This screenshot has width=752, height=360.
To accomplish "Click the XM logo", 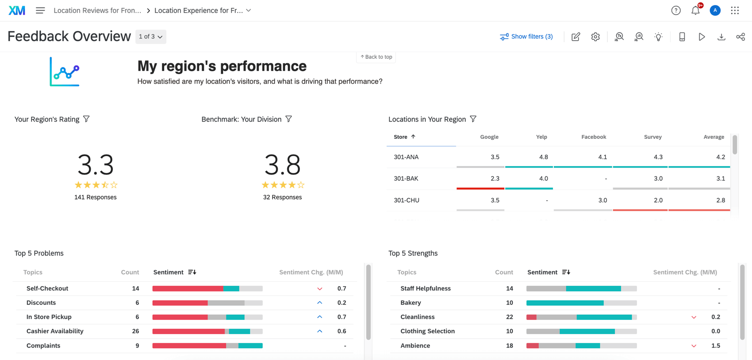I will click(17, 10).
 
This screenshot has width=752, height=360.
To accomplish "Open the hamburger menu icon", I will click(40, 10).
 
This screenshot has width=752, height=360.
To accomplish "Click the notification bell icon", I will click(695, 11).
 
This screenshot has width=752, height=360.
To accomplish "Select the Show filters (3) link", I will click(526, 37).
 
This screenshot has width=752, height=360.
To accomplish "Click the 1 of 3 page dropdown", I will click(150, 37).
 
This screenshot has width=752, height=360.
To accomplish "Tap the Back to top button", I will click(376, 57).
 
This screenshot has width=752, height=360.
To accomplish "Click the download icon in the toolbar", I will click(721, 37).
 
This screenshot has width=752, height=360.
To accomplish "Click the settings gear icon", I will click(595, 37).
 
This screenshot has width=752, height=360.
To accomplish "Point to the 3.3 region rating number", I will click(96, 165).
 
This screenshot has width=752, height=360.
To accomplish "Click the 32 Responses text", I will click(282, 197).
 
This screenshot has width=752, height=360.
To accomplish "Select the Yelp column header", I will click(541, 137).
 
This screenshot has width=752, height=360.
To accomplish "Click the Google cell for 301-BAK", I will click(495, 179).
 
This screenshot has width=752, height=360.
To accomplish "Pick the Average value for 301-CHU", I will click(720, 200).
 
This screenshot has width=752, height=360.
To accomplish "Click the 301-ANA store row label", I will click(406, 157).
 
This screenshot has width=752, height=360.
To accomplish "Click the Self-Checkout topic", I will click(47, 288).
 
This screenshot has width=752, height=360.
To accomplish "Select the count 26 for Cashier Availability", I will click(135, 331).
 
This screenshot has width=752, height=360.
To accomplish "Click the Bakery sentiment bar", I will click(581, 303).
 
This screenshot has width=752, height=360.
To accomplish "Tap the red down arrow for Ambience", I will click(694, 346).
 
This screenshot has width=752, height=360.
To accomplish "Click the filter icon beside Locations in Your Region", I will click(473, 119).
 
